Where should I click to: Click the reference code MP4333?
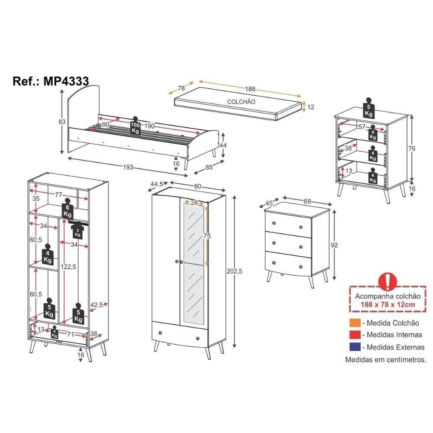click(66, 81)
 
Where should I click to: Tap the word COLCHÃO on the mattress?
click(241, 102)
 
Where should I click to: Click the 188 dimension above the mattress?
click(250, 89)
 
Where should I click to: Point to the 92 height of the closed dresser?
click(334, 245)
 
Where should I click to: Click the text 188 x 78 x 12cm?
click(388, 304)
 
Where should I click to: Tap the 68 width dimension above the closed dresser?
click(307, 201)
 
